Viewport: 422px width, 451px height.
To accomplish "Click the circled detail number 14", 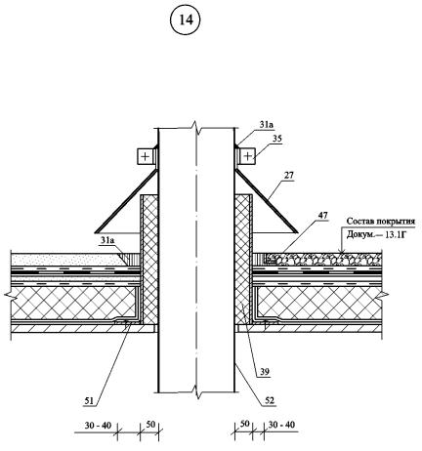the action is [186, 20].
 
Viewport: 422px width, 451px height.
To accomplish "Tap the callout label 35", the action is [277, 139].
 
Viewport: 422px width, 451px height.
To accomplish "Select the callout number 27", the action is [288, 176].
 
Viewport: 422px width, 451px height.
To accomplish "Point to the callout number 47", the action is [322, 215].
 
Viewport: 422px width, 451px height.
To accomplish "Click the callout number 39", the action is [265, 371].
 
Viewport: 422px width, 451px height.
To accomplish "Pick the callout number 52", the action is [270, 400].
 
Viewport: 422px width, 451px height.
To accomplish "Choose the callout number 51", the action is [89, 400].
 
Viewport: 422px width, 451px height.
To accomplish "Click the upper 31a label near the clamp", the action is [267, 125].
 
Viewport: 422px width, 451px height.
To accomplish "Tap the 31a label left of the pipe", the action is [107, 240].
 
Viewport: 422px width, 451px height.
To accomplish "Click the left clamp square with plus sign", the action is [145, 156].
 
